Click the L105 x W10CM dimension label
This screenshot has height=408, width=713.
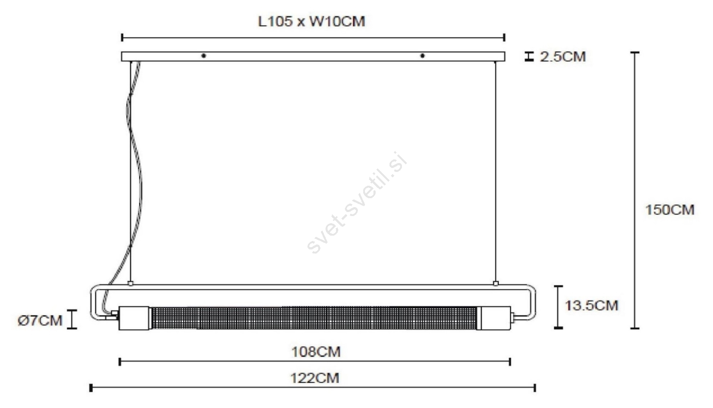311,22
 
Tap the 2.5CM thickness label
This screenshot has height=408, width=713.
563,57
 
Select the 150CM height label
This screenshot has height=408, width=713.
670,210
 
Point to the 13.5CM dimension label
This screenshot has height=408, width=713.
591,306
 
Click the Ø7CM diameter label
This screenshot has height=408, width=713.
40,321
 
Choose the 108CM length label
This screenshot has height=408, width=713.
316,352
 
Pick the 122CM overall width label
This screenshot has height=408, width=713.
315,378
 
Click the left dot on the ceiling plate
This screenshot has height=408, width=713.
204,56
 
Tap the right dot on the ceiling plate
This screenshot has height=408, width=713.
422,56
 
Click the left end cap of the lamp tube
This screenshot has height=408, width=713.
134,318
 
